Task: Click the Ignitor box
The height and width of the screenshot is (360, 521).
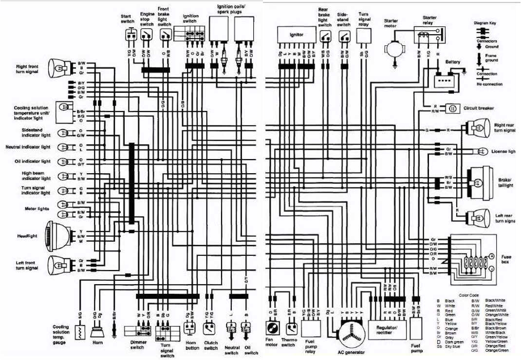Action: pyautogui.click(x=297, y=35)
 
